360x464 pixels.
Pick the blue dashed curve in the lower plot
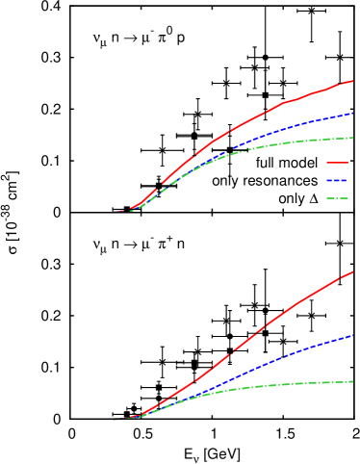click(289, 353)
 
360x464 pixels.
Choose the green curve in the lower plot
click(289, 384)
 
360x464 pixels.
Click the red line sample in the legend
click(337, 163)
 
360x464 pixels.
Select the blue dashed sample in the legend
click(337, 180)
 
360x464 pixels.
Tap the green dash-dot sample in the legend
click(337, 198)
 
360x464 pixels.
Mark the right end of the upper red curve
click(353, 81)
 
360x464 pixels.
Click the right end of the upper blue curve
click(353, 114)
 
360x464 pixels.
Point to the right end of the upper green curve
click(353, 138)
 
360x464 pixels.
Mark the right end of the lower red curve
click(353, 272)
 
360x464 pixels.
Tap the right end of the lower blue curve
click(353, 336)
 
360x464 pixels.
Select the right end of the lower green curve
click(353, 381)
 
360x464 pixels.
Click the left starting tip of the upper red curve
click(114, 212)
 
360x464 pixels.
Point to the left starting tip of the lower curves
click(113, 420)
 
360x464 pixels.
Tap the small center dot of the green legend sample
click(337, 198)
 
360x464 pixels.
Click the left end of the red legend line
click(327, 163)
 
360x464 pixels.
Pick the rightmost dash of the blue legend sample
click(345, 180)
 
